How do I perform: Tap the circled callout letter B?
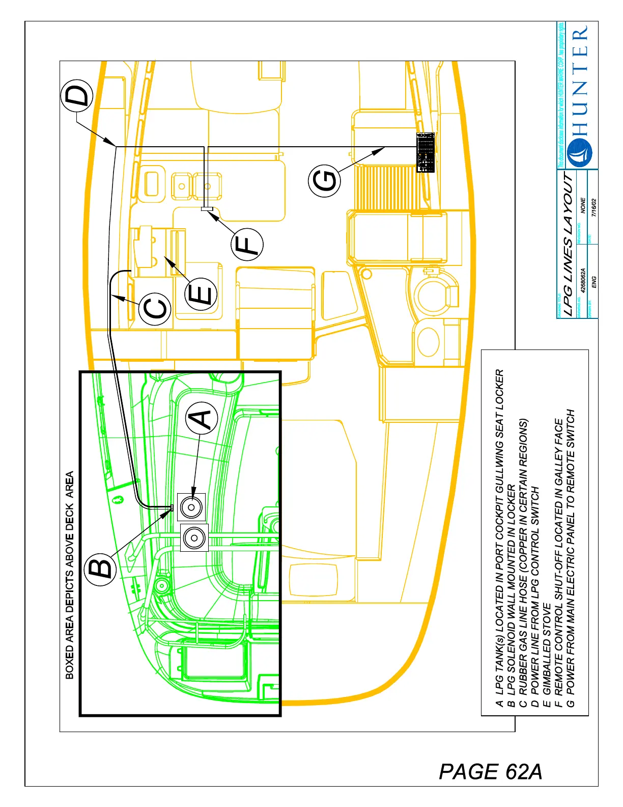click(x=101, y=567)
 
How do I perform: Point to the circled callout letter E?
click(x=202, y=294)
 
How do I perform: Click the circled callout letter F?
click(x=247, y=244)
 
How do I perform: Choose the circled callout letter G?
click(x=324, y=181)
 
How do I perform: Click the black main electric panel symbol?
click(x=426, y=152)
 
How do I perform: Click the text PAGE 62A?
click(x=490, y=771)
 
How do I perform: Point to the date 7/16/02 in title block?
click(x=593, y=208)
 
